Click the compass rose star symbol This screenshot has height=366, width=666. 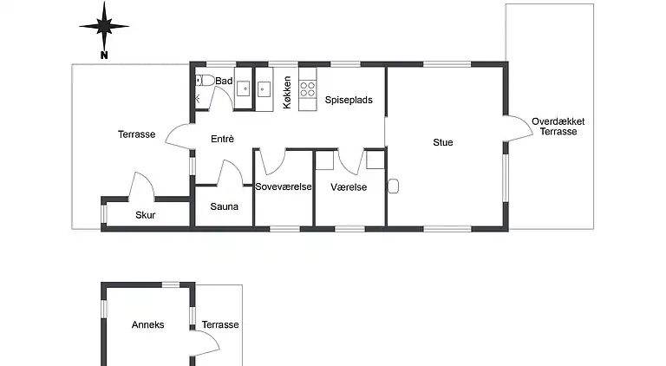[104, 26]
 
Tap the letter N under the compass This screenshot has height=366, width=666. [104, 55]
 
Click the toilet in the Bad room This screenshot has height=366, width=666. [206, 80]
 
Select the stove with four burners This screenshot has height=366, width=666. [308, 89]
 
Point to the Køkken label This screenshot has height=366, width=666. [287, 92]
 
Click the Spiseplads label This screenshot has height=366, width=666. [349, 100]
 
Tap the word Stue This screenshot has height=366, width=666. [443, 142]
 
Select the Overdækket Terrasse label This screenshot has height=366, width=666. [558, 127]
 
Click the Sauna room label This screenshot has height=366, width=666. [225, 206]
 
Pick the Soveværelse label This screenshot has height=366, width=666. [284, 186]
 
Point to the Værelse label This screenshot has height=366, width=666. [349, 187]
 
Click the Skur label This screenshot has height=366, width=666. [146, 215]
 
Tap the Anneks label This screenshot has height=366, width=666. [147, 325]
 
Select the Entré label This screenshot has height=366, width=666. [223, 139]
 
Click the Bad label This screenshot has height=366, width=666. [224, 81]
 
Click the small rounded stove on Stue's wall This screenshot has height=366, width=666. [393, 186]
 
